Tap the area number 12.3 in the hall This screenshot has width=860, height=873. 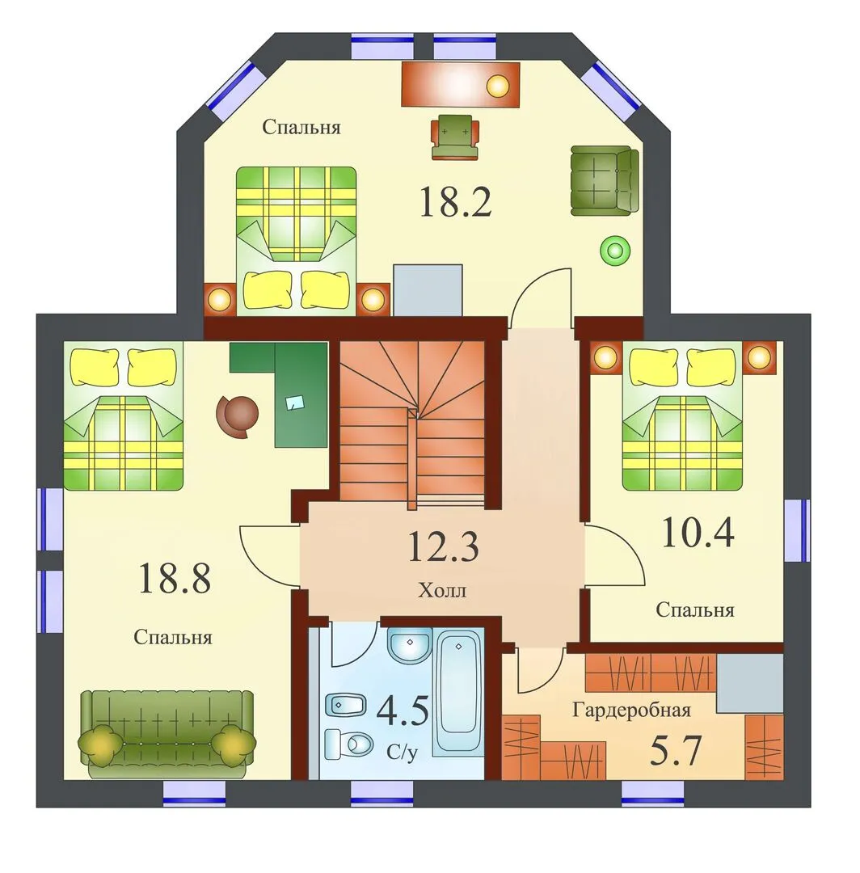click(443, 546)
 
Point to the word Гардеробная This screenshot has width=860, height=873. click(632, 711)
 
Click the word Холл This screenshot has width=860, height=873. click(442, 590)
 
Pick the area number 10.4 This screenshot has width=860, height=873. click(698, 532)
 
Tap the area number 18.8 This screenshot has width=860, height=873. click(175, 578)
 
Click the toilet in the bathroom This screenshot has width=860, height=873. click(349, 744)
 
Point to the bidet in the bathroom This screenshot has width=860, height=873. click(344, 705)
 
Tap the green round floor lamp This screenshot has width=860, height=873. click(614, 250)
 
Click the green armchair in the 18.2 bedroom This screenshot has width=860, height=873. click(605, 180)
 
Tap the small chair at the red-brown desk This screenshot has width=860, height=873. click(455, 137)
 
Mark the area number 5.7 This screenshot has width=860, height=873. click(675, 750)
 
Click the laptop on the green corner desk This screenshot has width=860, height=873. click(294, 402)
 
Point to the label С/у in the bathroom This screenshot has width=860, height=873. click(402, 753)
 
